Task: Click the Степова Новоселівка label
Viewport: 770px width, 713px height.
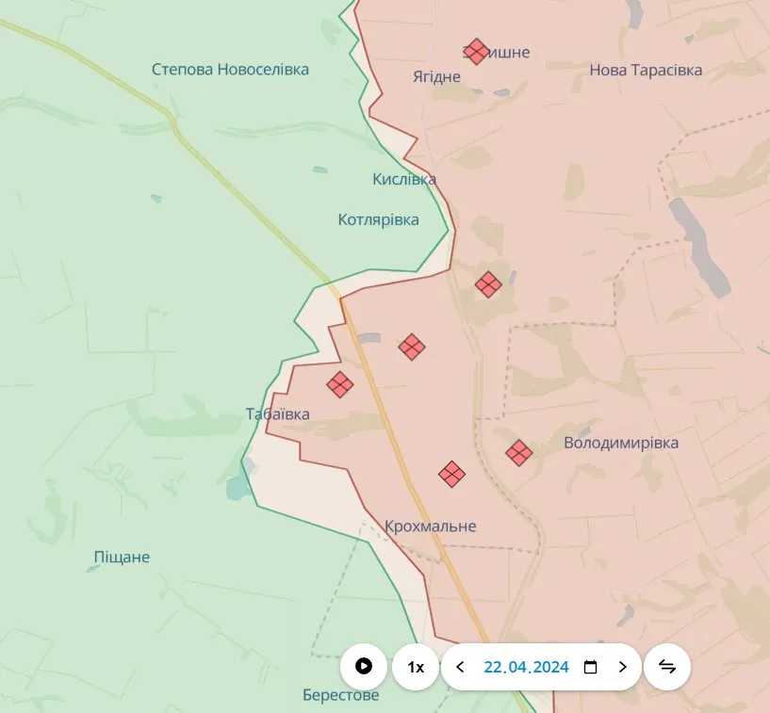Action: point(230,70)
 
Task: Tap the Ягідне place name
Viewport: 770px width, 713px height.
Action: point(437,76)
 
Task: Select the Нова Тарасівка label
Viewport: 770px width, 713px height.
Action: point(646,70)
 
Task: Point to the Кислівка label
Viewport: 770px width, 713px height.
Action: point(404,179)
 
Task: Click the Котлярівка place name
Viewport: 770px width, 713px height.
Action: point(379,219)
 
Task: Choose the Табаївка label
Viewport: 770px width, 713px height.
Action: point(277,413)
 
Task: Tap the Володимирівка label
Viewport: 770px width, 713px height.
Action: point(621,443)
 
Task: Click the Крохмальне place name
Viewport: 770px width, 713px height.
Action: point(431,527)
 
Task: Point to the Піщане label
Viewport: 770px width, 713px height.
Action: point(122,557)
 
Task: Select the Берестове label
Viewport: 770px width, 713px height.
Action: point(341,695)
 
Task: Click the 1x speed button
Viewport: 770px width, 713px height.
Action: point(416,667)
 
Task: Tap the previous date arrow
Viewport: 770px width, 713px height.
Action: point(460,667)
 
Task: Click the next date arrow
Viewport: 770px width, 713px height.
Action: point(622,667)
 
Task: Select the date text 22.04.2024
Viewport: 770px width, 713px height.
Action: point(526,667)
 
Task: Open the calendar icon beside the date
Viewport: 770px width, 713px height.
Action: point(591,667)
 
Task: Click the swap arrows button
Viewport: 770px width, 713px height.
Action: point(667,667)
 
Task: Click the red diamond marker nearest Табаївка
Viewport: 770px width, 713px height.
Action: point(340,384)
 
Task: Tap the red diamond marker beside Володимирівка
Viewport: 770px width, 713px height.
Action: point(518,453)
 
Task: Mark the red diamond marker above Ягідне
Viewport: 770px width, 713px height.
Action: point(477,51)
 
